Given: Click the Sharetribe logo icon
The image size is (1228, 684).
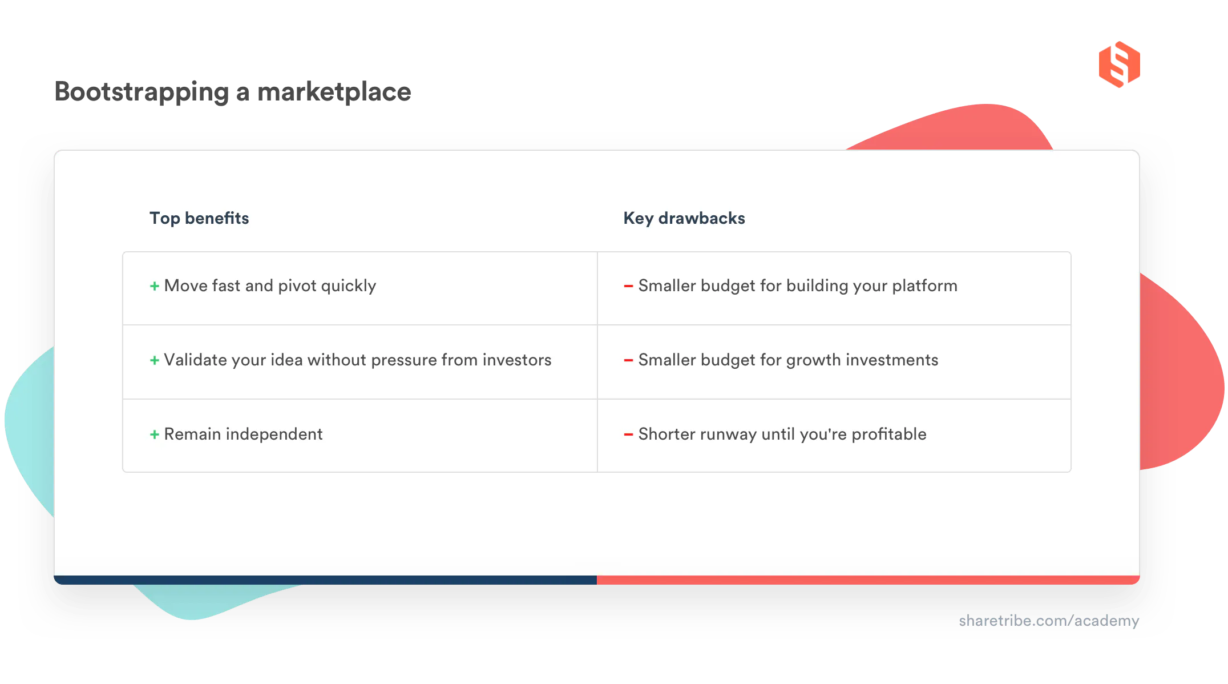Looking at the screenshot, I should tap(1118, 65).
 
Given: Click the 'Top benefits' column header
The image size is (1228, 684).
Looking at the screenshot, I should tap(199, 218).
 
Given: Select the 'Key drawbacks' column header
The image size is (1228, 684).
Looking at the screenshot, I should tap(684, 218).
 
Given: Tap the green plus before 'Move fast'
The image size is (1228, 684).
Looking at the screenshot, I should tap(154, 286).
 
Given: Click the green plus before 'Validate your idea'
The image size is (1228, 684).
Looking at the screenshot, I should tap(154, 360).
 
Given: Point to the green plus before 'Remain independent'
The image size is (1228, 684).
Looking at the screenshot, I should tap(154, 434).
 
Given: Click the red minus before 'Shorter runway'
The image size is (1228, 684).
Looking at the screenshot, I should tap(628, 434).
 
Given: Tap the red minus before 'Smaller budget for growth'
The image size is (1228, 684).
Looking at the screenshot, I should tap(628, 360).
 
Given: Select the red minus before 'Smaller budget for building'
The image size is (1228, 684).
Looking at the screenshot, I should tap(628, 286).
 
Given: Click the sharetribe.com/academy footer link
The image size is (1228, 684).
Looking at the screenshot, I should tap(1048, 621).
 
